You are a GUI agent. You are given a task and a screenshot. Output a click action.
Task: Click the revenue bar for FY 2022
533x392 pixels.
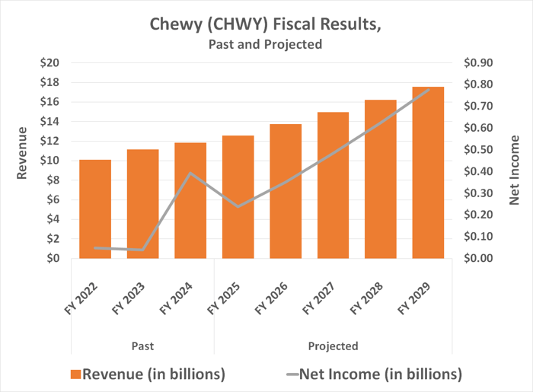coord(95,209)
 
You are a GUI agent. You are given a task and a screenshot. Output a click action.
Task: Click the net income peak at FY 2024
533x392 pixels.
coord(190,174)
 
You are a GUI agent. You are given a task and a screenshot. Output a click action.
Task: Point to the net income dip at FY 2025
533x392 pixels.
coord(238,206)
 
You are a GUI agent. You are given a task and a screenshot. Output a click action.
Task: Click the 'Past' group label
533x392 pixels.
coord(142,346)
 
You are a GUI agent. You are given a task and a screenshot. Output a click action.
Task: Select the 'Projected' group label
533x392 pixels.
coord(333,346)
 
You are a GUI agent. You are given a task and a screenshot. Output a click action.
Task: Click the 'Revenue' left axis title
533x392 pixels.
coord(23,158)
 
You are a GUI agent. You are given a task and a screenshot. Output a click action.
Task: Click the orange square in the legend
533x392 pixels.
coord(75,374)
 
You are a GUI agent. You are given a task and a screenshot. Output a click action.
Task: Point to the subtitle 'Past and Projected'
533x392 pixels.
coord(266,45)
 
